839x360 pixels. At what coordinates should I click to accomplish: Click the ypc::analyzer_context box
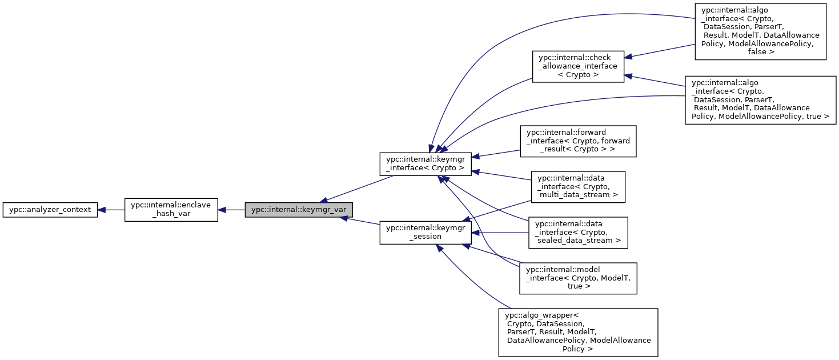[x=50, y=210]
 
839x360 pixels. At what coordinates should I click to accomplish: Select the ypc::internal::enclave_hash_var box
[x=171, y=210]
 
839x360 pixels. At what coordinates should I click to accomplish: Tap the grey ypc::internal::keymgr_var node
[x=299, y=210]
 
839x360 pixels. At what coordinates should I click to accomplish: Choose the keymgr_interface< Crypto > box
[x=425, y=164]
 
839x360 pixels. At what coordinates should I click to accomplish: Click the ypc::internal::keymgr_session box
[x=425, y=233]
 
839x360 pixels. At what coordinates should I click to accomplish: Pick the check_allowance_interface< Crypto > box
[x=578, y=66]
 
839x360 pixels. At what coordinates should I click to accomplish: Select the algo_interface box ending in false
[x=760, y=31]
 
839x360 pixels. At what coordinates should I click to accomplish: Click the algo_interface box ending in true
[x=760, y=99]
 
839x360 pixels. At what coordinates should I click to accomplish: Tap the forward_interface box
[x=577, y=142]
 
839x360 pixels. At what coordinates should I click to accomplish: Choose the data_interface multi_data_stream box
[x=578, y=186]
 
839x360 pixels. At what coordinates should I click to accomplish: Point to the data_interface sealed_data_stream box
[x=577, y=232]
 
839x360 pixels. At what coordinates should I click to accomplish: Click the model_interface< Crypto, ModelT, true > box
[x=577, y=278]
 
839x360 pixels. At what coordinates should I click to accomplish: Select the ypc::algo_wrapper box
[x=578, y=332]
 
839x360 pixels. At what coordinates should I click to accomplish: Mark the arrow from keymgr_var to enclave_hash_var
[x=231, y=210]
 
